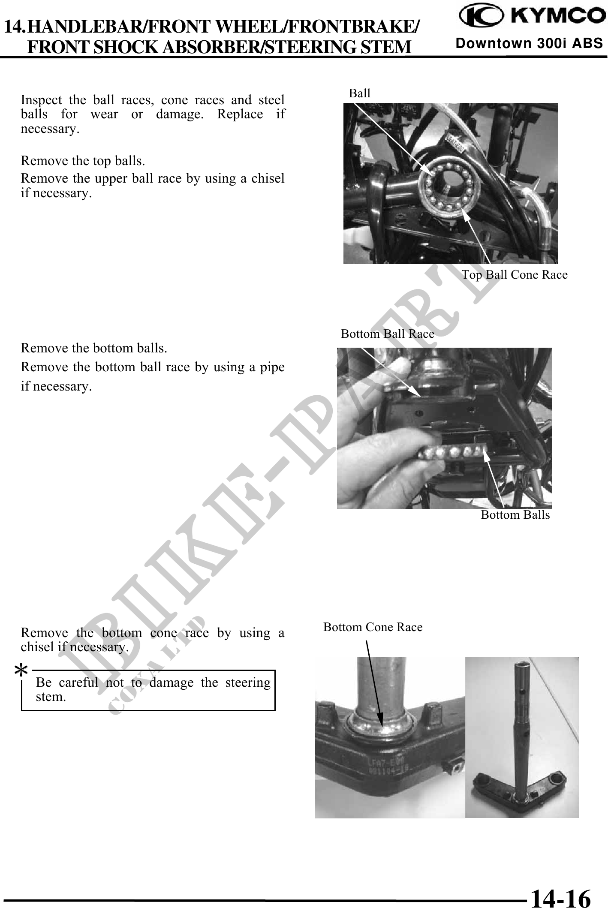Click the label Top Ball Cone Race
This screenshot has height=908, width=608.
514,275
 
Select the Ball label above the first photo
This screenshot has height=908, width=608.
359,93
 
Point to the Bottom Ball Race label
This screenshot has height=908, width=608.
387,334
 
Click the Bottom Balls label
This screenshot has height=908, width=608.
515,514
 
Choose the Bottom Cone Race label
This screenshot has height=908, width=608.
373,627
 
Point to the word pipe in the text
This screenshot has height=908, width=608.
274,367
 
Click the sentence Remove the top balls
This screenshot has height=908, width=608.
83,161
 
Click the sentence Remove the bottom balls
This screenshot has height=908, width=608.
94,348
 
